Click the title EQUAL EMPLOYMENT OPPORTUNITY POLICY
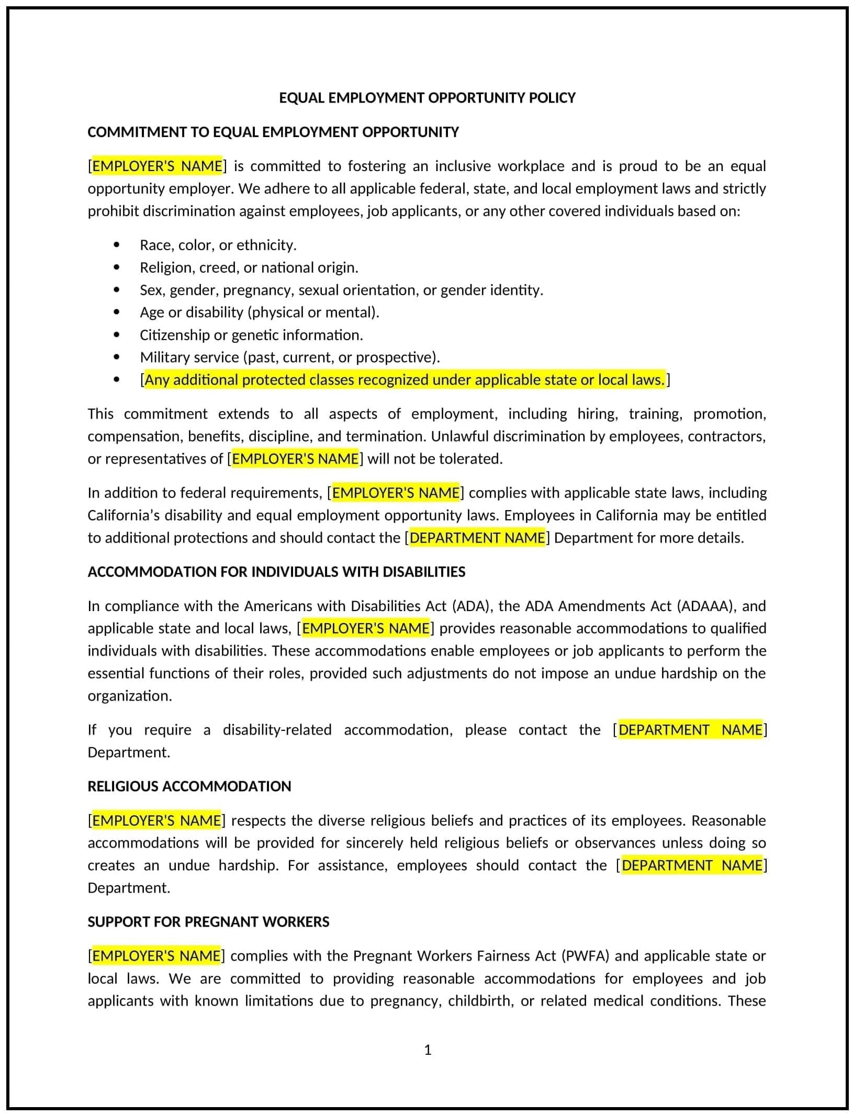click(x=426, y=98)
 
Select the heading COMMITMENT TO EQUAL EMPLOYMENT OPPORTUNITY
click(x=273, y=132)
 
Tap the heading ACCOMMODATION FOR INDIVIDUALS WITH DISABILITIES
click(x=276, y=572)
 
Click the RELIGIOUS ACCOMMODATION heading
click(x=189, y=786)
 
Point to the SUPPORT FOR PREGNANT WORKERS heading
click(x=208, y=922)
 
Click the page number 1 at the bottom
click(x=427, y=1050)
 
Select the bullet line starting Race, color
click(x=218, y=245)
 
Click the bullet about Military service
click(x=289, y=357)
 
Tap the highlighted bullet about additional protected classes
click(x=405, y=380)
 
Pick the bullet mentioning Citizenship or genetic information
click(x=251, y=335)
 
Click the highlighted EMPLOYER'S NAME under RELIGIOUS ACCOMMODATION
click(x=156, y=820)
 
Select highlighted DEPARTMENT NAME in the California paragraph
click(x=477, y=538)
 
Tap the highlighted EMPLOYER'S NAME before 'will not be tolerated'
click(x=295, y=459)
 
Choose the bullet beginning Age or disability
click(x=259, y=312)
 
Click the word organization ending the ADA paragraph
click(x=129, y=696)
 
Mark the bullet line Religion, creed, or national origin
click(x=249, y=267)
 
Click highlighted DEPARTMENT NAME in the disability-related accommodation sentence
click(x=690, y=730)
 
